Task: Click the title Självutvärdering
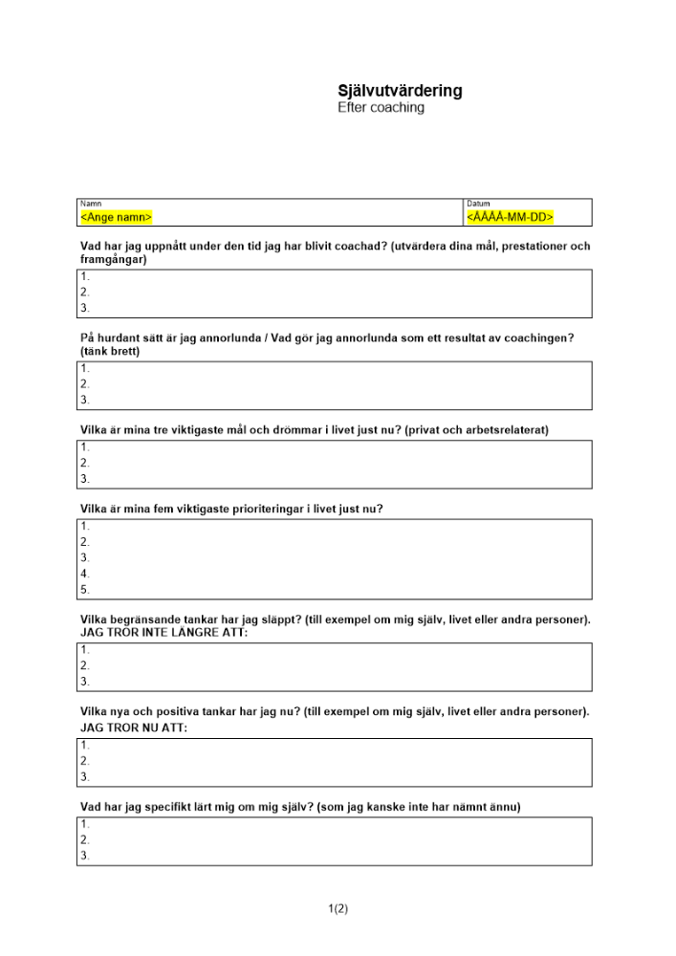point(400,91)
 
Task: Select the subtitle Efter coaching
point(381,108)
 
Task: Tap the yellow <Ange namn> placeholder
point(116,218)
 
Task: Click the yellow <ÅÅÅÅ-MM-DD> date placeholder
point(511,218)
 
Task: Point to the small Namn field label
point(91,204)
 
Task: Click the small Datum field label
point(478,204)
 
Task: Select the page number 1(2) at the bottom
point(338,909)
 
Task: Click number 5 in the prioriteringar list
point(85,590)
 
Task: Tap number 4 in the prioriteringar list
point(85,574)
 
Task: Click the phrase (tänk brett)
point(110,352)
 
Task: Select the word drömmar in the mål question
point(273,430)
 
